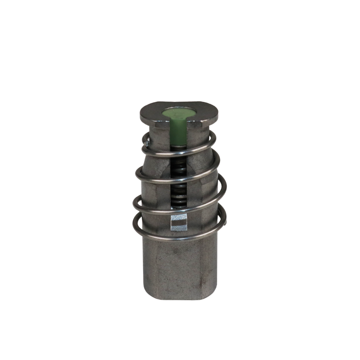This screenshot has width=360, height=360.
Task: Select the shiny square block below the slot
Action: click(178, 222)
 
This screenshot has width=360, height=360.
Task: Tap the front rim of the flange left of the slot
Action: click(154, 122)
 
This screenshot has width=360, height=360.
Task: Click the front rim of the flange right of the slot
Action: click(203, 122)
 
